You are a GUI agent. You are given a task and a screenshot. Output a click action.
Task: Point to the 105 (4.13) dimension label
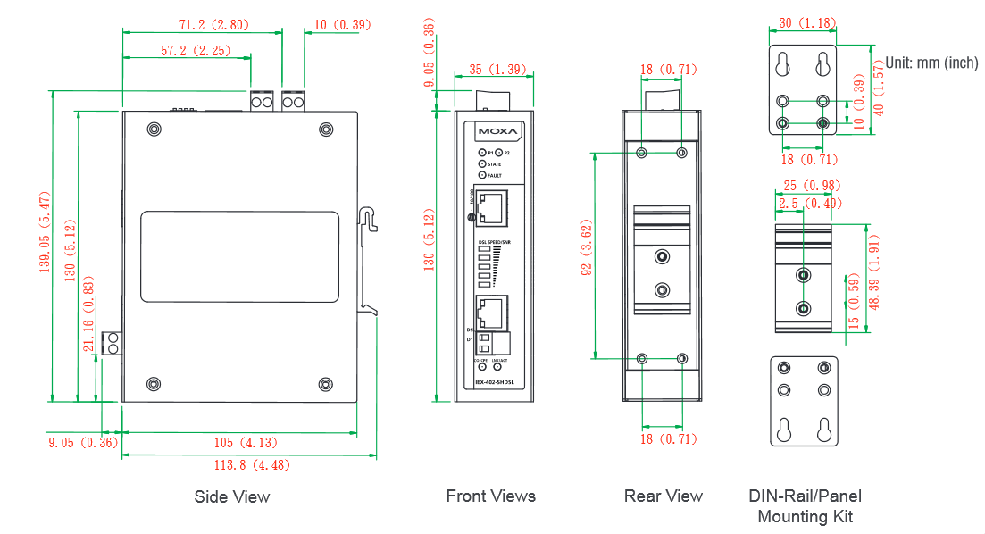point(239,443)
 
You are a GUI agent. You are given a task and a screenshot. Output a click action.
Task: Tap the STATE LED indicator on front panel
point(483,164)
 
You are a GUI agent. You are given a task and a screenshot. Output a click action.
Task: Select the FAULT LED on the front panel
point(483,175)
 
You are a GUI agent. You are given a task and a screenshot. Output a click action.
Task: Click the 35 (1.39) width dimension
point(497,69)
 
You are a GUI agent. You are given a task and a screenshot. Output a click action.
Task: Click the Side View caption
point(231,496)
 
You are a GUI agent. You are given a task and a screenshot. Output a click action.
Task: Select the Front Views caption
point(491,496)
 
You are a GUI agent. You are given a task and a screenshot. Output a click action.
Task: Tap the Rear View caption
point(664,496)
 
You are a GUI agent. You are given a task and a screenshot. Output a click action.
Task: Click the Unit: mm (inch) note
point(931,63)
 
